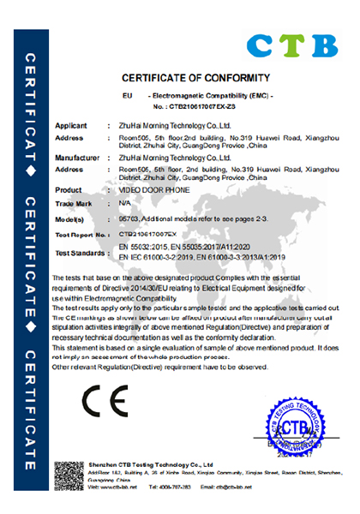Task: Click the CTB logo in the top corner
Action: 291,44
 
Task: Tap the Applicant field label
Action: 73,125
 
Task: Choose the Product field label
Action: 69,189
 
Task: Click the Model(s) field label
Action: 73,219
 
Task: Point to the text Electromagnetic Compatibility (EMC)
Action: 206,94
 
